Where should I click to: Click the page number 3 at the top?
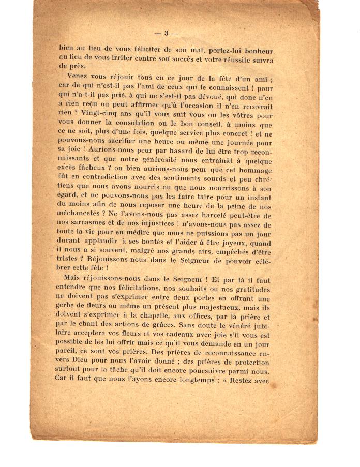167,34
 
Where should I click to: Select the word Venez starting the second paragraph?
78,76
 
